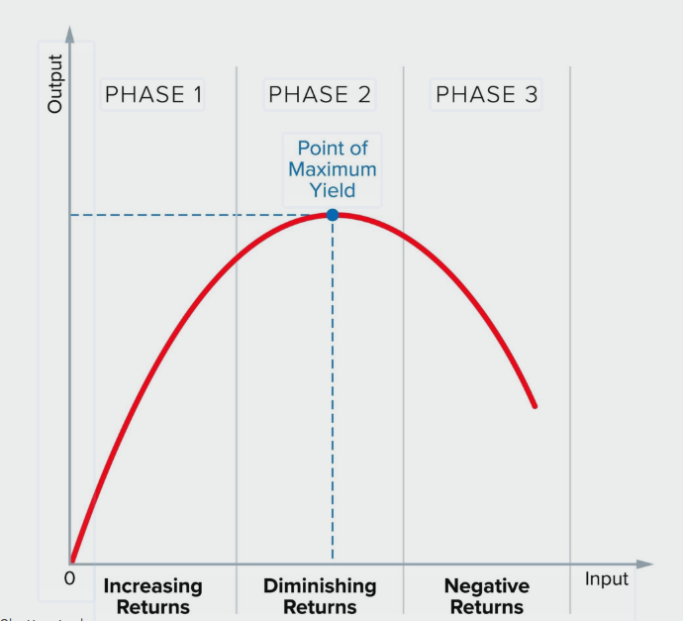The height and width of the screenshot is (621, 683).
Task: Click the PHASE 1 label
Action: [x=153, y=95]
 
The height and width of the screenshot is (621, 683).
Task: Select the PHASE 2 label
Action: [x=320, y=95]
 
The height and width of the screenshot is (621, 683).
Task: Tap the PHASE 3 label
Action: [x=487, y=95]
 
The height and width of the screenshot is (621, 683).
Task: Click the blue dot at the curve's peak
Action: [x=333, y=214]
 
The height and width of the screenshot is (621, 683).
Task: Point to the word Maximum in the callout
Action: [x=333, y=169]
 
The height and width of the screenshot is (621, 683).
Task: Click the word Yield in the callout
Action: [x=333, y=190]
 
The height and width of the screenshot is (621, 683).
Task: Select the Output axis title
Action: [x=56, y=83]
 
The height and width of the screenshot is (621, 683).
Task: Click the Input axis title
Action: [x=606, y=579]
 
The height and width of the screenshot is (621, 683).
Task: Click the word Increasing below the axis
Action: [x=152, y=586]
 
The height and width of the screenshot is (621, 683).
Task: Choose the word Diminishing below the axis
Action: [x=320, y=586]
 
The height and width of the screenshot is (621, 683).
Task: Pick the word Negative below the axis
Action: [x=486, y=586]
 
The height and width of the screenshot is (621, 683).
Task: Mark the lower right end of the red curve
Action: [x=535, y=405]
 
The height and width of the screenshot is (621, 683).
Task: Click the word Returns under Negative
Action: [x=486, y=607]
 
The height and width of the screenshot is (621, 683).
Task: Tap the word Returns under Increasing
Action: [x=152, y=607]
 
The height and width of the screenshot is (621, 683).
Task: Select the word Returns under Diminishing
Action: [x=320, y=607]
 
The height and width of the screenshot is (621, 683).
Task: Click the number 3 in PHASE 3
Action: [x=532, y=95]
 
